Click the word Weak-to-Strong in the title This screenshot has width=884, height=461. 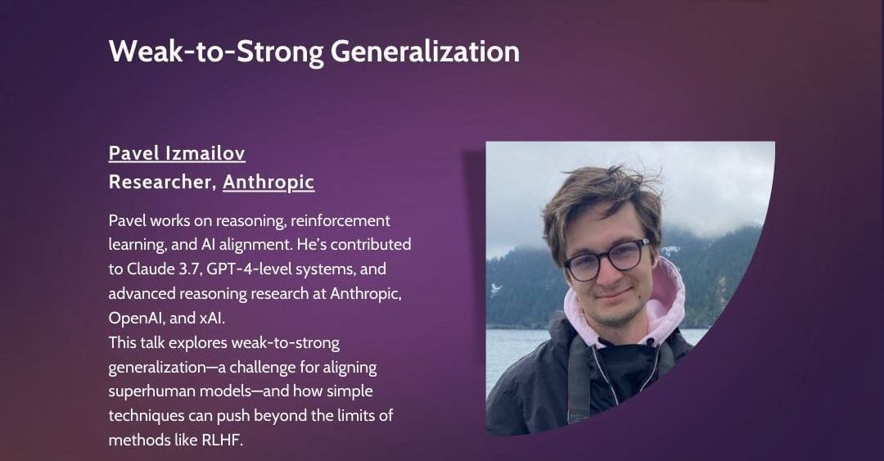pos(216,52)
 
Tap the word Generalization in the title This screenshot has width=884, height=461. pos(425,52)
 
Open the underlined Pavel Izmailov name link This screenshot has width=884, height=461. pos(177,153)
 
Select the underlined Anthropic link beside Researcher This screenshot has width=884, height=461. pos(268,182)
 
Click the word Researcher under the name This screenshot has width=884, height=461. pos(161,182)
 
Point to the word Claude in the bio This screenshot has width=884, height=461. pos(149,269)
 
